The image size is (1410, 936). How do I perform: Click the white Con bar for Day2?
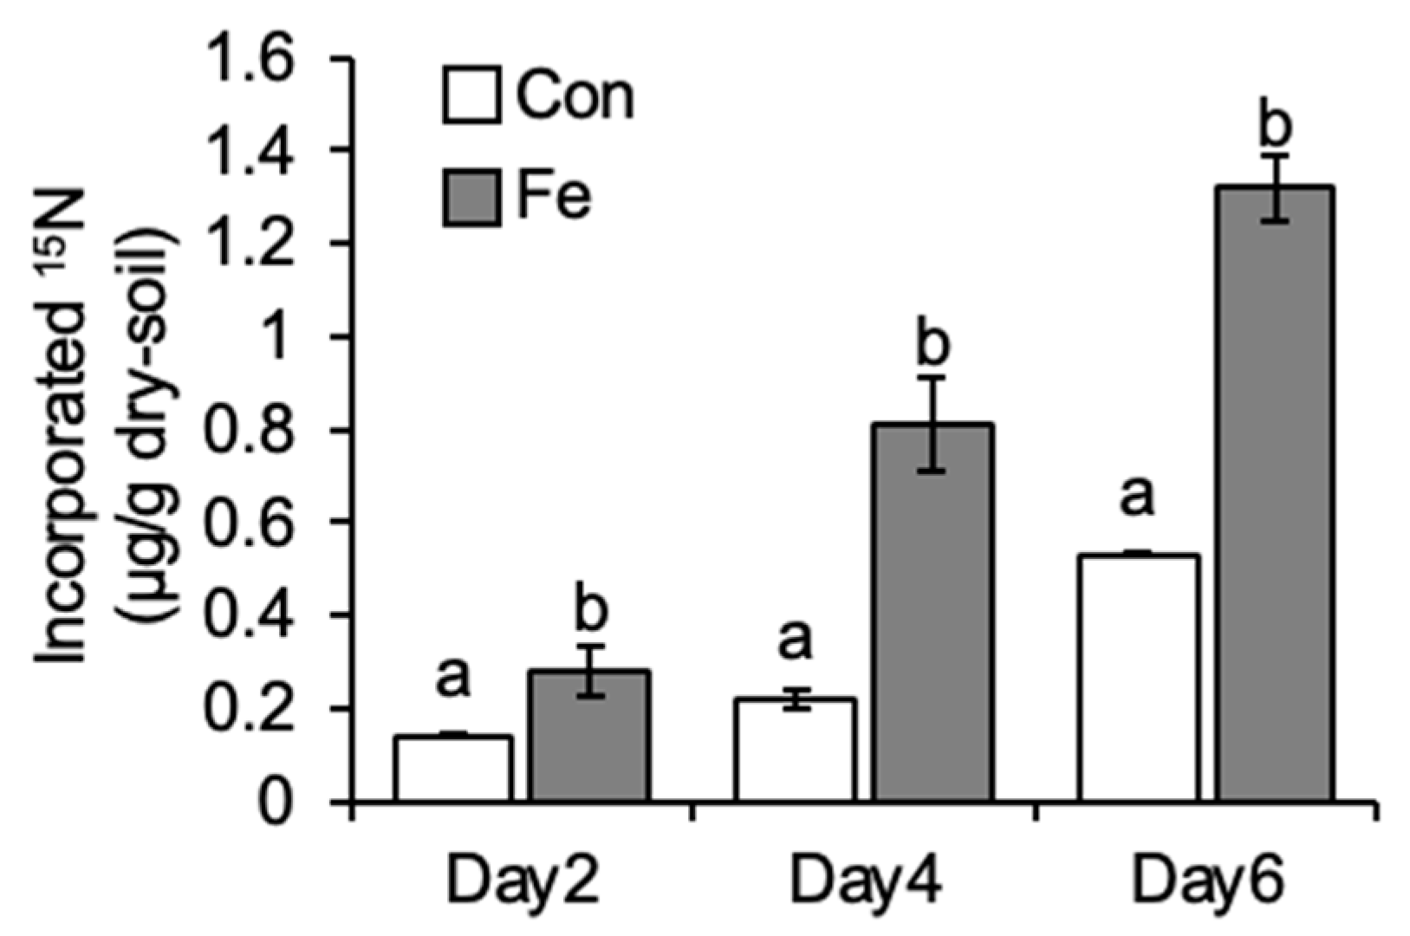point(453,768)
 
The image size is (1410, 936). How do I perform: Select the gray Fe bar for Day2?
point(590,736)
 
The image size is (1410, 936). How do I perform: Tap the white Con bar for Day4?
point(795,750)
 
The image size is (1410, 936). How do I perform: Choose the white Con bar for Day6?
point(1139,677)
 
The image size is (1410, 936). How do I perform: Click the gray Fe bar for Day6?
point(1275,494)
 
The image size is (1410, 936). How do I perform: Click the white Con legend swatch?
point(471,94)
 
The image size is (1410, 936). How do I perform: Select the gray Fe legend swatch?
point(471,198)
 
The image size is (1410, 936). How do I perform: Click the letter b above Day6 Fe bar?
point(1275,126)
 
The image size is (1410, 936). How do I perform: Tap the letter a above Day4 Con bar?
point(795,641)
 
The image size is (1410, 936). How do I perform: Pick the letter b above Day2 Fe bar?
point(590,611)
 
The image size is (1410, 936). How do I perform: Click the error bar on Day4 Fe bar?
point(932,425)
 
